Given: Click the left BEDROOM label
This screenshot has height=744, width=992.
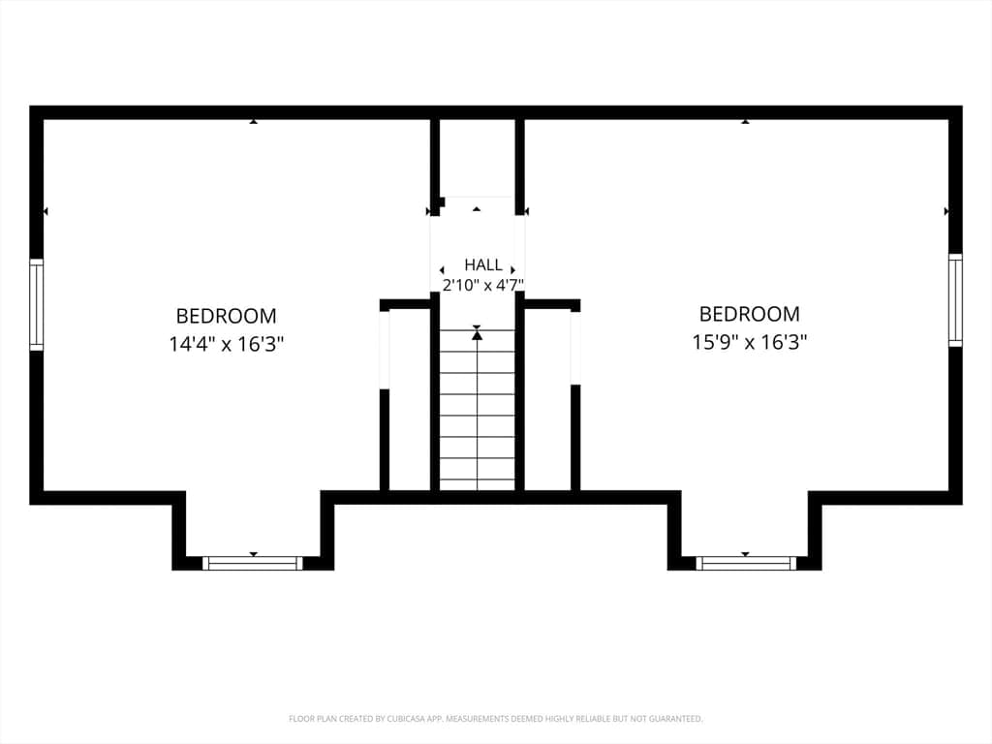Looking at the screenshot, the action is pyautogui.click(x=226, y=316).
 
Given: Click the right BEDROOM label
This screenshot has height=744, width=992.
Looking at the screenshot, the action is pyautogui.click(x=749, y=314).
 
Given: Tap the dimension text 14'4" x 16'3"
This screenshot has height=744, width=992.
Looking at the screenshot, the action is pyautogui.click(x=226, y=344).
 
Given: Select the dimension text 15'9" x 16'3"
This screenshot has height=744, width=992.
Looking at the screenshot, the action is pyautogui.click(x=749, y=342).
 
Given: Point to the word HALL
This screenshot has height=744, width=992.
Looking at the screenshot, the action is pyautogui.click(x=483, y=264).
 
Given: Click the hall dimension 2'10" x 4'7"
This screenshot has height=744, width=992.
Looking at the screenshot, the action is pyautogui.click(x=483, y=285).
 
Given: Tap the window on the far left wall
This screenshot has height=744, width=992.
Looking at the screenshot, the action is pyautogui.click(x=37, y=304).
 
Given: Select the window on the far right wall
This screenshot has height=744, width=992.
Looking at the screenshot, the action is pyautogui.click(x=954, y=300).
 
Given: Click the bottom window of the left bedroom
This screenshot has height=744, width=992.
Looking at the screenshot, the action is pyautogui.click(x=253, y=563).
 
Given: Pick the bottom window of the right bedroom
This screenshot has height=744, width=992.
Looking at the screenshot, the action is pyautogui.click(x=745, y=563).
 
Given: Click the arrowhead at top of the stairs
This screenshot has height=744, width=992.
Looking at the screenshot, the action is pyautogui.click(x=477, y=334).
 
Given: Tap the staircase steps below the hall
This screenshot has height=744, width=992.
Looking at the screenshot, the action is pyautogui.click(x=477, y=410).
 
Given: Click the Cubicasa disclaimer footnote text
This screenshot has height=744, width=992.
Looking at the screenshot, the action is pyautogui.click(x=495, y=719).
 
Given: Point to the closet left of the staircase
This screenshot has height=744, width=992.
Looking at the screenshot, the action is pyautogui.click(x=410, y=400).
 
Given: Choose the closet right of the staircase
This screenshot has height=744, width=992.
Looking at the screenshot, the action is pyautogui.click(x=548, y=400).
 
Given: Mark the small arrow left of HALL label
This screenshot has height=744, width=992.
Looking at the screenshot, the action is pyautogui.click(x=442, y=271).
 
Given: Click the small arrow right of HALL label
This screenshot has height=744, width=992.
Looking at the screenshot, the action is pyautogui.click(x=512, y=270).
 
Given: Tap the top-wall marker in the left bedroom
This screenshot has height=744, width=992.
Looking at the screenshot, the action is pyautogui.click(x=253, y=121).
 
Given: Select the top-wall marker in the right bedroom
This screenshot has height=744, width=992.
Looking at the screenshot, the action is pyautogui.click(x=745, y=121).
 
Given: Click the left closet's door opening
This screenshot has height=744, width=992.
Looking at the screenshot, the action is pyautogui.click(x=384, y=350).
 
